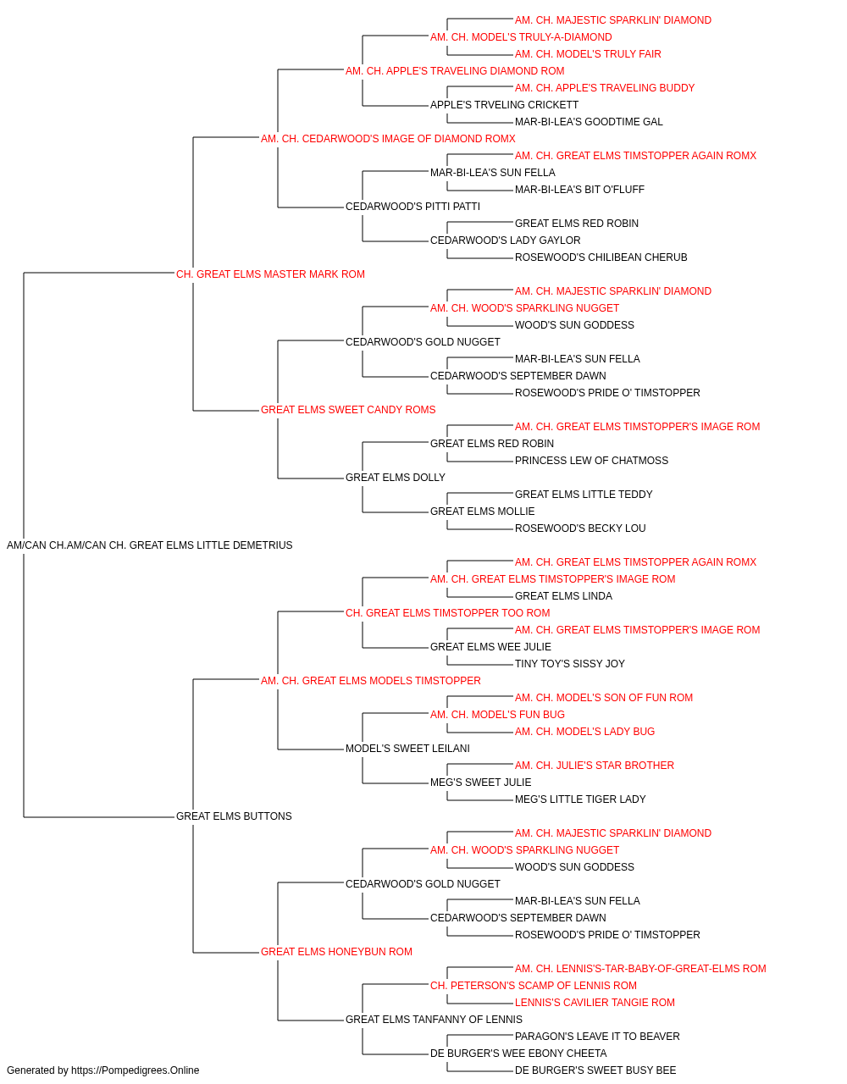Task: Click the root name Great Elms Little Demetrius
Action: coord(150,545)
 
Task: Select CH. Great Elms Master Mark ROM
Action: coord(270,274)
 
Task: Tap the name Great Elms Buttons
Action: coord(234,816)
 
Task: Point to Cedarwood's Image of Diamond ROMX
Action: coord(388,139)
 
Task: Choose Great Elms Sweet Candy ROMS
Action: coord(348,410)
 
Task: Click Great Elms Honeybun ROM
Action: coord(337,952)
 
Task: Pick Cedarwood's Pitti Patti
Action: coord(413,207)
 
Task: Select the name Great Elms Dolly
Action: coord(396,478)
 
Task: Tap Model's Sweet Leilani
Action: coord(407,749)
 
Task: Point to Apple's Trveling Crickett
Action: coord(504,105)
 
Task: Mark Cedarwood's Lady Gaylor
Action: coord(506,241)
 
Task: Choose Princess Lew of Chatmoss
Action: coord(591,461)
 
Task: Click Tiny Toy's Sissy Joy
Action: coord(570,663)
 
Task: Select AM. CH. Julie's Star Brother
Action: coord(595,766)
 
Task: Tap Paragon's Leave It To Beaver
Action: coord(597,1036)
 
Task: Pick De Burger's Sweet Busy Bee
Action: coord(595,1070)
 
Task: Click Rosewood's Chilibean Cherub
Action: coord(601,257)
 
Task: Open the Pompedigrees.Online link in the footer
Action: coord(136,1070)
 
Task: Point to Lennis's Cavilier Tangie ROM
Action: coord(595,1002)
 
